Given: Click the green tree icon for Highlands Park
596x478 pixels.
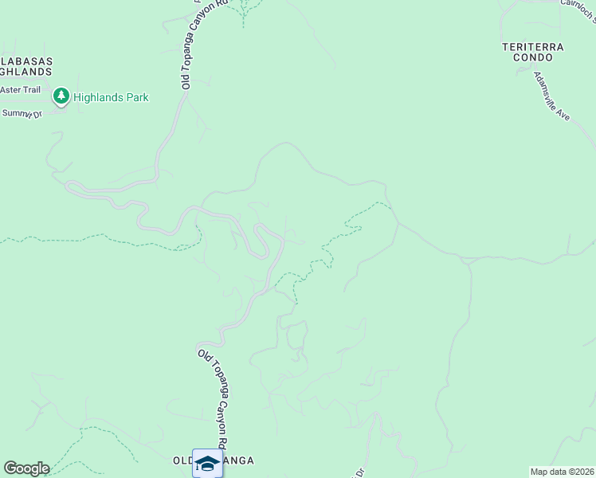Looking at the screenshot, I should tap(61, 97).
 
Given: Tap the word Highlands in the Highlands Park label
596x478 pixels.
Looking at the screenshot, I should tap(100, 98).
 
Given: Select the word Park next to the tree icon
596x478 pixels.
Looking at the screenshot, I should tap(138, 98).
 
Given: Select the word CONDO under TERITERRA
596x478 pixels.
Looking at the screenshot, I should tap(533, 58).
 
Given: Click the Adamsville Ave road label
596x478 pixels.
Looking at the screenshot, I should tap(553, 96).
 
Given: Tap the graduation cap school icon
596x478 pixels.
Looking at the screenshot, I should tap(207, 462).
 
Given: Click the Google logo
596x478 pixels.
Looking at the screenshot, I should tap(26, 468).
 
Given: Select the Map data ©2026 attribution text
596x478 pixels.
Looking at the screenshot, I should tap(562, 472).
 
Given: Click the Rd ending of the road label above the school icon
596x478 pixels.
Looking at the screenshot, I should tap(225, 444).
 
